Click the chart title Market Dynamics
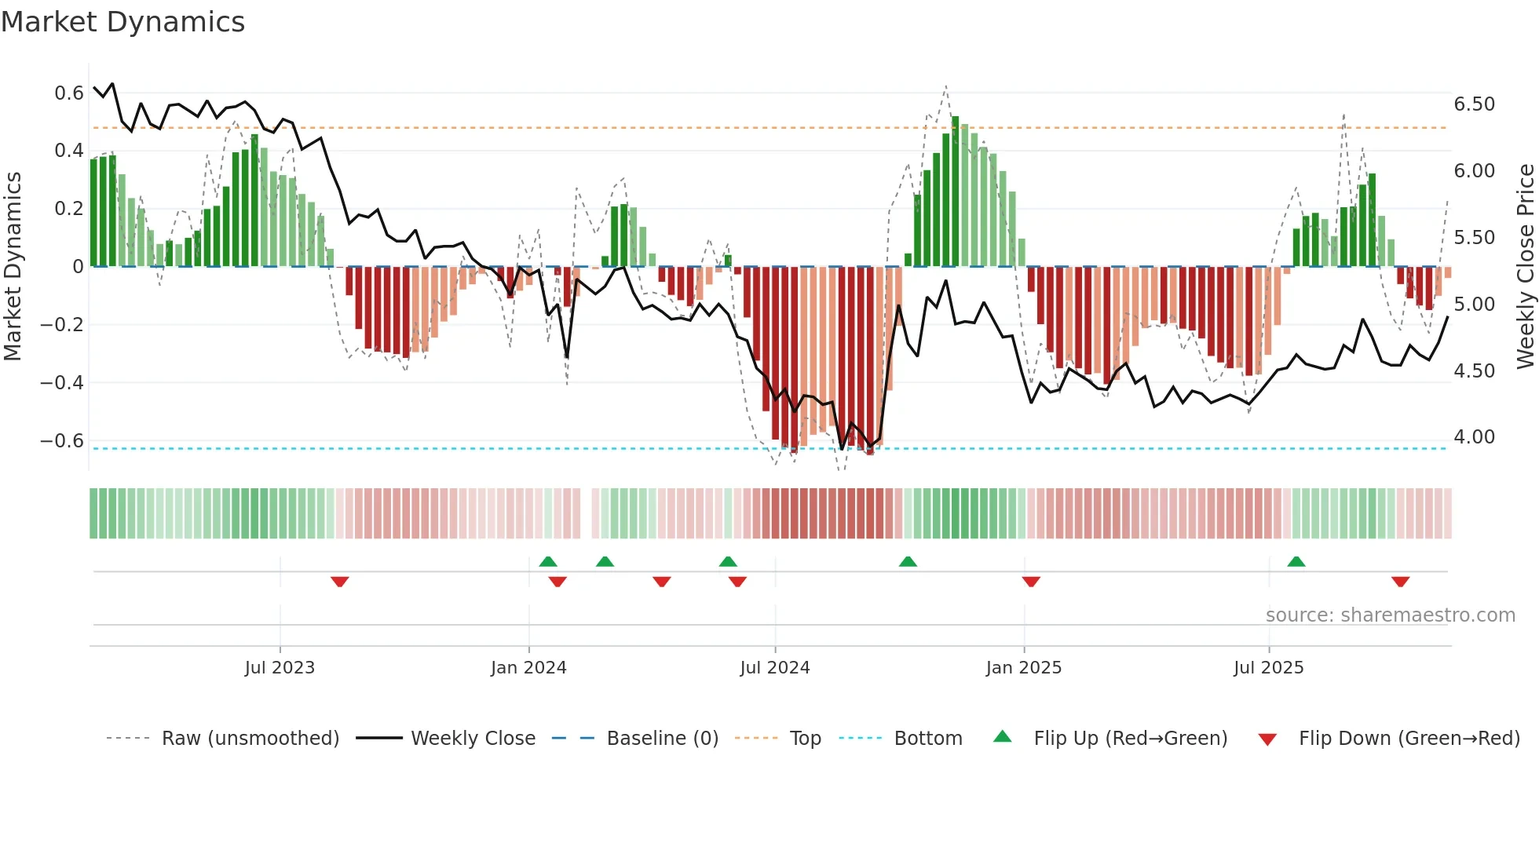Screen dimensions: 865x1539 point(122,22)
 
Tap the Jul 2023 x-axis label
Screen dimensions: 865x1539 point(280,668)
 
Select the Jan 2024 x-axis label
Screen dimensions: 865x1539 point(528,668)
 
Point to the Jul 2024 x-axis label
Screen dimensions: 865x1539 point(775,668)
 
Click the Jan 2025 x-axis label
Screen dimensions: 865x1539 point(1024,668)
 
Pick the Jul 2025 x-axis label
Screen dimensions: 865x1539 point(1269,668)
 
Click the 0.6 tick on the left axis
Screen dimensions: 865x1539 point(69,93)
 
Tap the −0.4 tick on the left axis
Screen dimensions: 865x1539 point(62,383)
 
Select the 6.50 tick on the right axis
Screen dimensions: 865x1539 point(1474,104)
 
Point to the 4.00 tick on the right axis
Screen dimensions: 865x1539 point(1474,437)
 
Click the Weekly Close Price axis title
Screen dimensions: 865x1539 point(1525,267)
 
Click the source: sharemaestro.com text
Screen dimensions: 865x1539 point(1391,615)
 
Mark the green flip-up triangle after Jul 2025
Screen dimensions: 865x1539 point(1296,562)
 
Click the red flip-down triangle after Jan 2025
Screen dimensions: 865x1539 point(1031,582)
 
